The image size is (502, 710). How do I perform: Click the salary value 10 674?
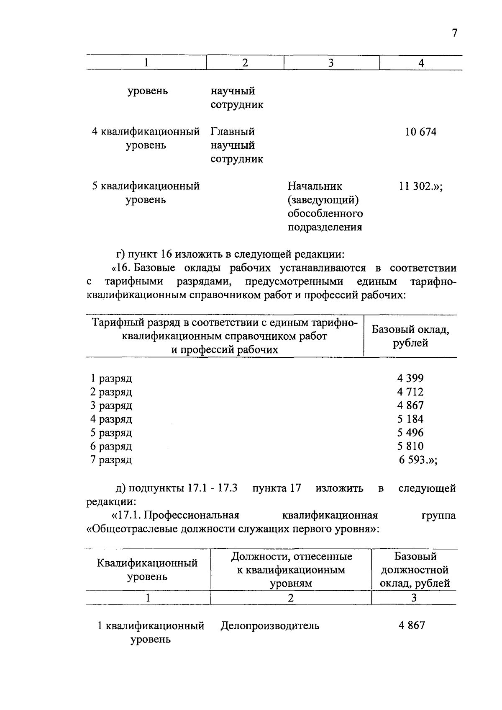[420, 132]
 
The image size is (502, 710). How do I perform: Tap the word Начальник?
[315, 186]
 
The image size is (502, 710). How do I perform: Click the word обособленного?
[325, 214]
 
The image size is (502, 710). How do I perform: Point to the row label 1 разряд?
[111, 378]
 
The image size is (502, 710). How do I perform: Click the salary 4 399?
[410, 378]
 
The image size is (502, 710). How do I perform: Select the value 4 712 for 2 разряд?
[410, 392]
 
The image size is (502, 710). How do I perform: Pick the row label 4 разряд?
[111, 419]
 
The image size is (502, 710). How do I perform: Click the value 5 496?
[410, 433]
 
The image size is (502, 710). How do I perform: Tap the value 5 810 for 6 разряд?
[410, 446]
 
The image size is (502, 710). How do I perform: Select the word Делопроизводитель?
[270, 626]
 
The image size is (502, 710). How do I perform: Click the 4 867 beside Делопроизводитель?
[412, 626]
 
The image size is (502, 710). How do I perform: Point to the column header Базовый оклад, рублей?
[410, 336]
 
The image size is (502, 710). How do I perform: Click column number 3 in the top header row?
[331, 63]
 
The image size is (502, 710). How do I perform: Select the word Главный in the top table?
[233, 132]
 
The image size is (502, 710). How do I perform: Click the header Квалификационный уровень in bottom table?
[147, 570]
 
